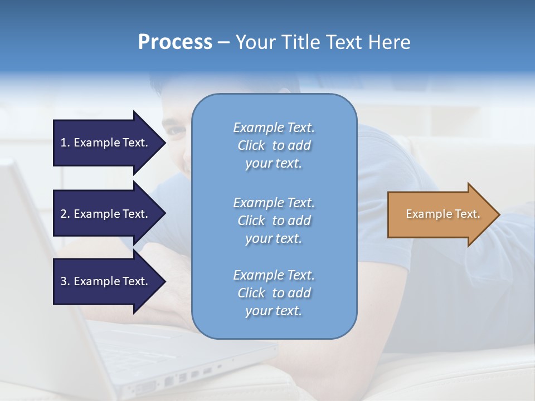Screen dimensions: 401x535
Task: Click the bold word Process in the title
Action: coord(175,42)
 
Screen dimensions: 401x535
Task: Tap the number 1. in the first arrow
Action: coord(65,143)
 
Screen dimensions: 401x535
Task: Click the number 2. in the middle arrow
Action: coord(65,214)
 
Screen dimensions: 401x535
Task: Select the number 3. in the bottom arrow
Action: coord(65,281)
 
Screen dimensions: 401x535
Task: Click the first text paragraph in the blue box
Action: coord(274,145)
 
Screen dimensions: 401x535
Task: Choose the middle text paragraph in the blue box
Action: coord(274,221)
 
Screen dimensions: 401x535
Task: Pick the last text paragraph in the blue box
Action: coord(274,293)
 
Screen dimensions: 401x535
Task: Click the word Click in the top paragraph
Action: coord(251,145)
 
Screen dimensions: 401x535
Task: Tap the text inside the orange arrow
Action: coord(442,214)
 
